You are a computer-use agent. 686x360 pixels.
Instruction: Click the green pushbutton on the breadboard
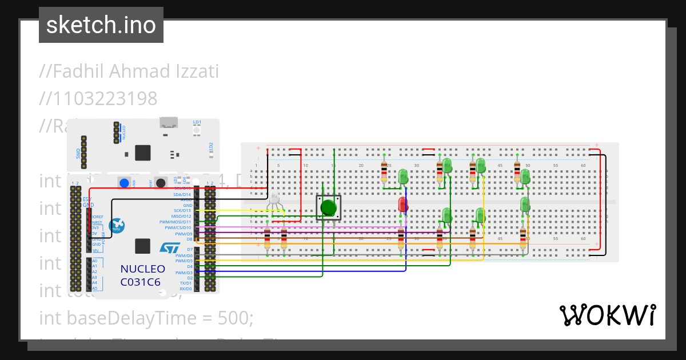pyautogui.click(x=328, y=207)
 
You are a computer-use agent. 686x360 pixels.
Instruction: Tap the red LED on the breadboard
pyautogui.click(x=402, y=205)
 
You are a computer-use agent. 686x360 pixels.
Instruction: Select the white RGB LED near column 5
pyautogui.click(x=275, y=199)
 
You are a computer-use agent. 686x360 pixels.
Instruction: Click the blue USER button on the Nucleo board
pyautogui.click(x=123, y=183)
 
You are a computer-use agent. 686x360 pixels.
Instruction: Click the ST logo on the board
pyautogui.click(x=169, y=247)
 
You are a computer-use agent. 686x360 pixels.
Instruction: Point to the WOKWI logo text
pyautogui.click(x=607, y=315)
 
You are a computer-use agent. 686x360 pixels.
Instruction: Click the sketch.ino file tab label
pyautogui.click(x=101, y=25)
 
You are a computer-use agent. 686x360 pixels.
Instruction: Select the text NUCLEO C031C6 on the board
pyautogui.click(x=142, y=275)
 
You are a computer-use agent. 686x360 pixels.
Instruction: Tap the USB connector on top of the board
pyautogui.click(x=168, y=122)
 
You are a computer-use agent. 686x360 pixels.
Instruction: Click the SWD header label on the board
pyautogui.click(x=78, y=153)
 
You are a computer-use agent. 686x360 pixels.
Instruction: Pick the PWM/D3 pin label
pyautogui.click(x=184, y=273)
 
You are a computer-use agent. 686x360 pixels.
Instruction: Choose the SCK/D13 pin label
pyautogui.click(x=182, y=210)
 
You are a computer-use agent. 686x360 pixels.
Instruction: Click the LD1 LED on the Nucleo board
pyautogui.click(x=197, y=130)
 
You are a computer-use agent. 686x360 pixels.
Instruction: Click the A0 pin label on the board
pyautogui.click(x=95, y=261)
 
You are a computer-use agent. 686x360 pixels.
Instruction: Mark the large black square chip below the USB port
pyautogui.click(x=142, y=153)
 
